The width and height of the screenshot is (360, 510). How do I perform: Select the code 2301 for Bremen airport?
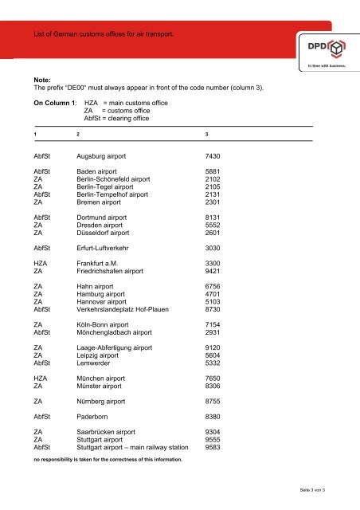click(x=217, y=204)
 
